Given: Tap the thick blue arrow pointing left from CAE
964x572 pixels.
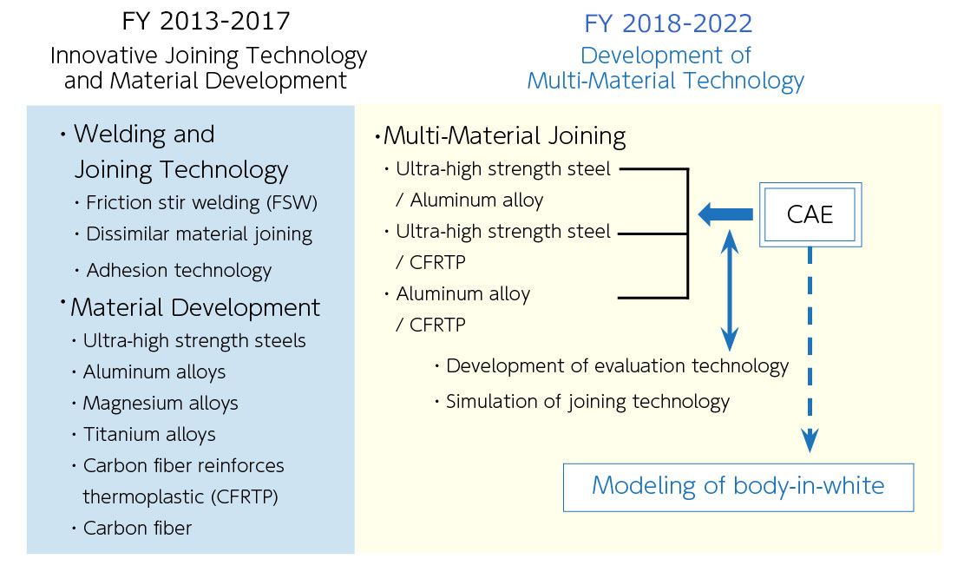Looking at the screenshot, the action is (725, 214).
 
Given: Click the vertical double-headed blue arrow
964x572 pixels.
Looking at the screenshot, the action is (729, 290).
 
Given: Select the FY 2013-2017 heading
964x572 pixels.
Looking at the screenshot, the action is (206, 22).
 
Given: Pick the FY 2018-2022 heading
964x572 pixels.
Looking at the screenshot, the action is (668, 24).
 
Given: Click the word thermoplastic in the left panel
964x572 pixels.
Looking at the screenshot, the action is (145, 497).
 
